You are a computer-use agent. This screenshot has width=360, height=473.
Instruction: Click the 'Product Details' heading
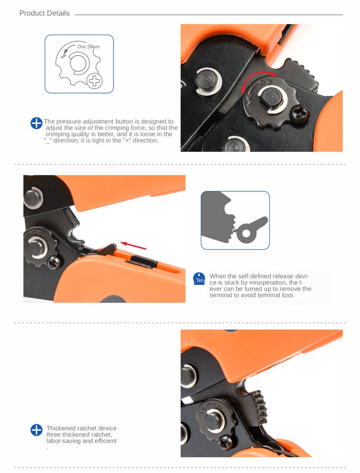pyautogui.click(x=44, y=13)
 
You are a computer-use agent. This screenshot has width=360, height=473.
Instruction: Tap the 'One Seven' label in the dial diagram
pyautogui.click(x=88, y=47)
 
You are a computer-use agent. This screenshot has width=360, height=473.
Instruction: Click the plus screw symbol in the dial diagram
pyautogui.click(x=95, y=81)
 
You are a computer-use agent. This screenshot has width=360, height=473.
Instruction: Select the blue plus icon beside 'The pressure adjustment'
pyautogui.click(x=36, y=124)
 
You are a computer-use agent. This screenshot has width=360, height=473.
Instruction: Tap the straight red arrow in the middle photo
pyautogui.click(x=133, y=245)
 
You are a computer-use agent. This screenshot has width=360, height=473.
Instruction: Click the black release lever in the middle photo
pyautogui.click(x=107, y=249)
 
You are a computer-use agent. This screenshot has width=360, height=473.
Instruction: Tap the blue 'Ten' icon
pyautogui.click(x=200, y=279)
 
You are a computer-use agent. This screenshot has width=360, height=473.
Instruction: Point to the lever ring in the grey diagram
pyautogui.click(x=245, y=233)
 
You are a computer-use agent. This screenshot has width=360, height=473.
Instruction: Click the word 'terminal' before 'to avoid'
pyautogui.click(x=221, y=295)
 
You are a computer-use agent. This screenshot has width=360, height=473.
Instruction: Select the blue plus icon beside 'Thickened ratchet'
pyautogui.click(x=36, y=430)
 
